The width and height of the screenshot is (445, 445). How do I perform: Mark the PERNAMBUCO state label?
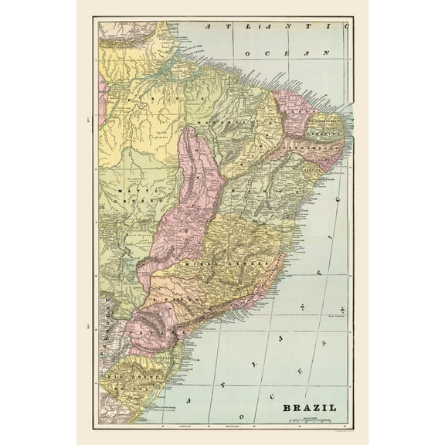click(x=314, y=144)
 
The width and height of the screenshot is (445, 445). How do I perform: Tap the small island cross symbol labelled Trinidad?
click(x=341, y=308)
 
